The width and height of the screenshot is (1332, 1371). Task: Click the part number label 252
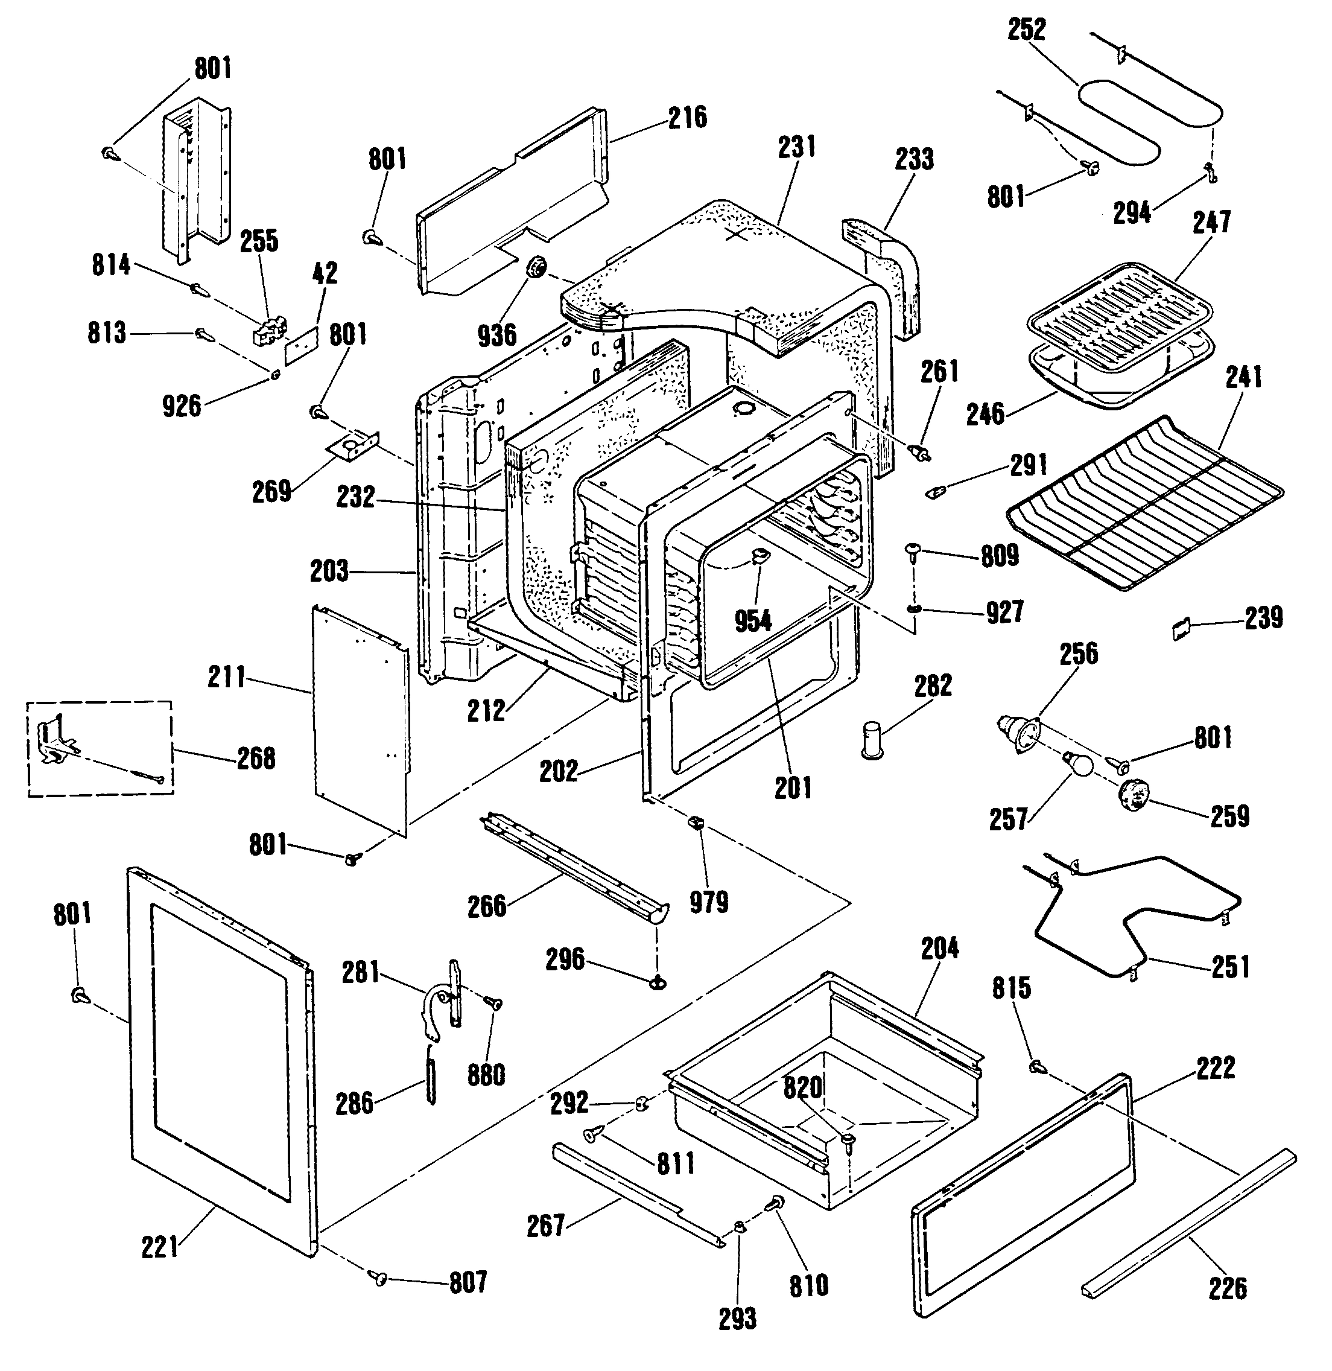tap(1026, 30)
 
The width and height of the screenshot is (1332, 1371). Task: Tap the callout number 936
tap(496, 336)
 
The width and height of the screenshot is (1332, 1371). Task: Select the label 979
tap(709, 902)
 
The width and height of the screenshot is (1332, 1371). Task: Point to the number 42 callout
tap(325, 273)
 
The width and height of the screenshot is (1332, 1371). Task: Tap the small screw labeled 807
tap(380, 1279)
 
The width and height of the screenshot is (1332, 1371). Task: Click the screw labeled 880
tap(494, 1002)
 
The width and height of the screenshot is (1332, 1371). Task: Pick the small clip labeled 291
tap(934, 491)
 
